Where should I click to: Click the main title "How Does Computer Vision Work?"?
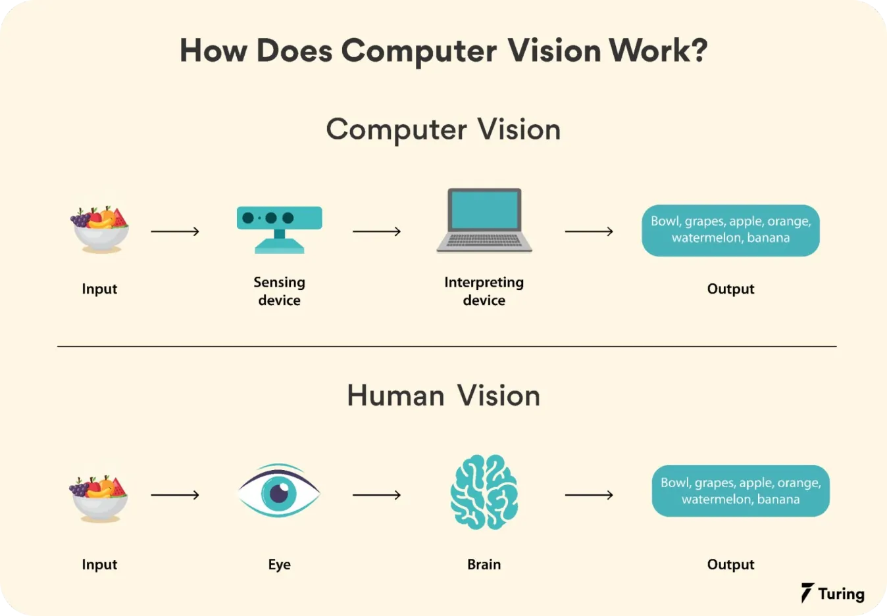[444, 51]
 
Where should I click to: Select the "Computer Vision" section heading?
[444, 130]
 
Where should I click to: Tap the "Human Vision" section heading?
[444, 396]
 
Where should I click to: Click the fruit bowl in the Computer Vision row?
[100, 229]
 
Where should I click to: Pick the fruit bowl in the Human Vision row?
[99, 498]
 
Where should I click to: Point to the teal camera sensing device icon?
[280, 229]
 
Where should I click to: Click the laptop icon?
[484, 221]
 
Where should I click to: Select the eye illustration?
[279, 491]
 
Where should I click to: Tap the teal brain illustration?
[484, 492]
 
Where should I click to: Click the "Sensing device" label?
[280, 291]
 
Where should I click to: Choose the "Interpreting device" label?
[484, 291]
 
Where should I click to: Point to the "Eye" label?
[280, 565]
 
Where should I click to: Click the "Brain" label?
[484, 565]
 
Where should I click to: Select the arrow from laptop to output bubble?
[589, 231]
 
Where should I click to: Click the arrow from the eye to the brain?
[376, 494]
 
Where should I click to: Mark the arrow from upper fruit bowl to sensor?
[175, 231]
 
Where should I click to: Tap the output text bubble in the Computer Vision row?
[730, 230]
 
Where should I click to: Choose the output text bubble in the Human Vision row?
[740, 491]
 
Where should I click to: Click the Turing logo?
[833, 593]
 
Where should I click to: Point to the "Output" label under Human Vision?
[730, 565]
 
